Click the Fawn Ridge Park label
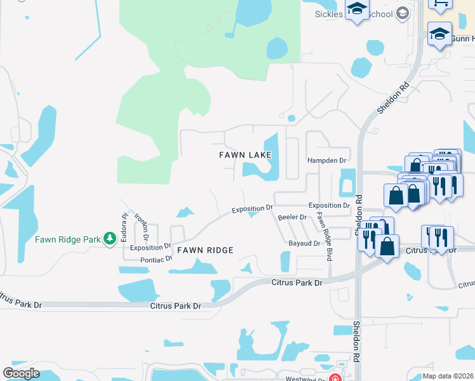(68, 239)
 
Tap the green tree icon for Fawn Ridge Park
(110, 238)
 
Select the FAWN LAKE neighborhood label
(245, 155)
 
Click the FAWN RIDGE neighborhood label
(205, 250)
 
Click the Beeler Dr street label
(293, 217)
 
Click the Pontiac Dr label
(156, 259)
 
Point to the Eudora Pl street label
(125, 224)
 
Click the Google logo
(21, 373)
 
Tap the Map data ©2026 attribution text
(448, 376)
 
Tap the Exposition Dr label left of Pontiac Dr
(151, 246)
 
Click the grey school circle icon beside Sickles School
(401, 13)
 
